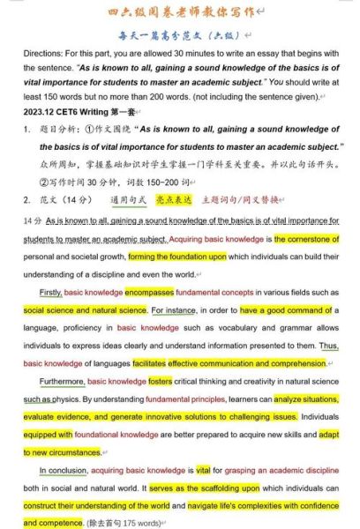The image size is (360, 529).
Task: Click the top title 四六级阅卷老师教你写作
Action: click(x=180, y=11)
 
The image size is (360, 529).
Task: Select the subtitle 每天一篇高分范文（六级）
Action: click(x=179, y=34)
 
